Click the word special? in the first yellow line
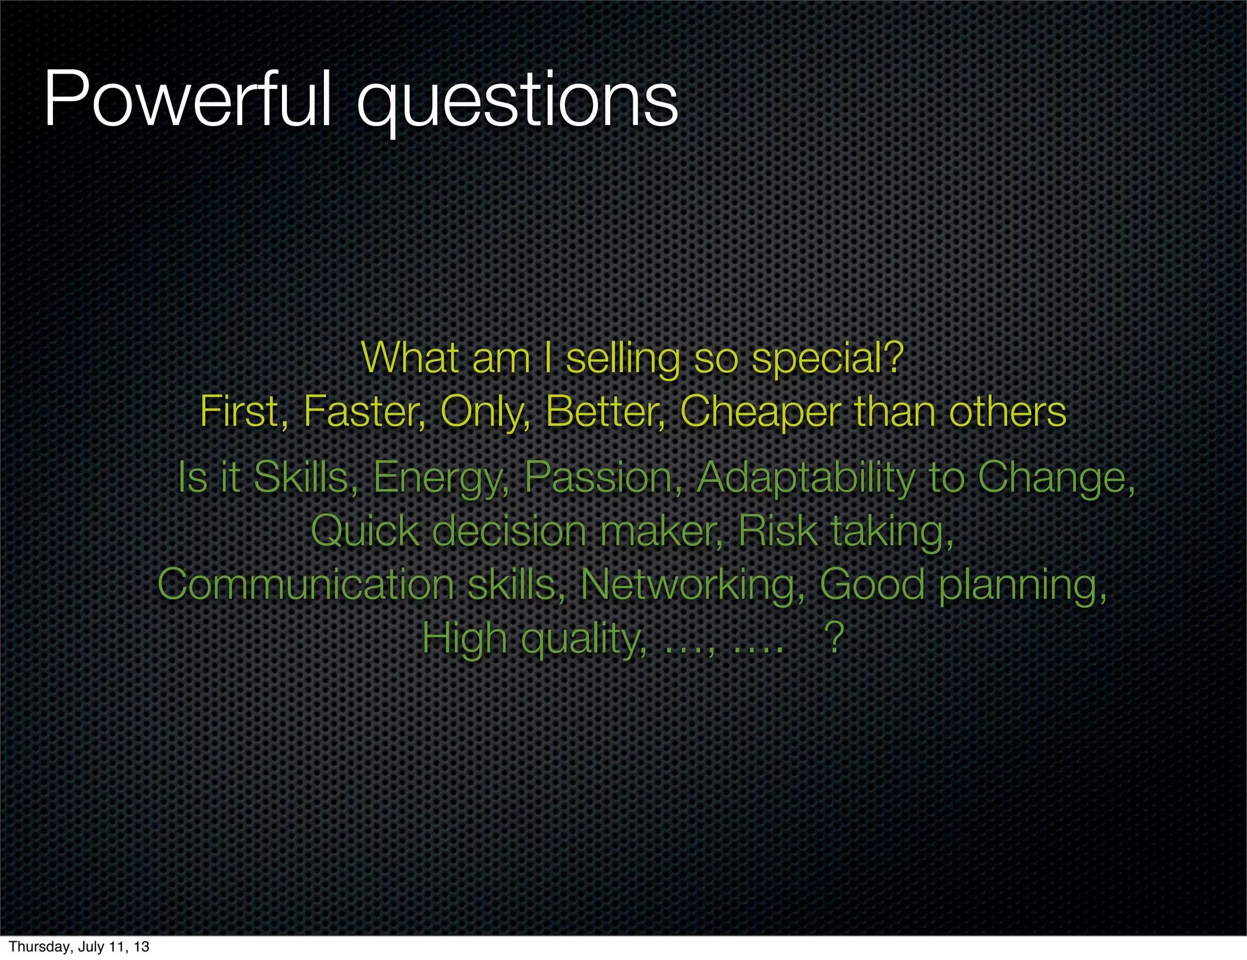click(827, 359)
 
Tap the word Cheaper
click(760, 412)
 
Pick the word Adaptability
click(806, 479)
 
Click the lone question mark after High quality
click(834, 638)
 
